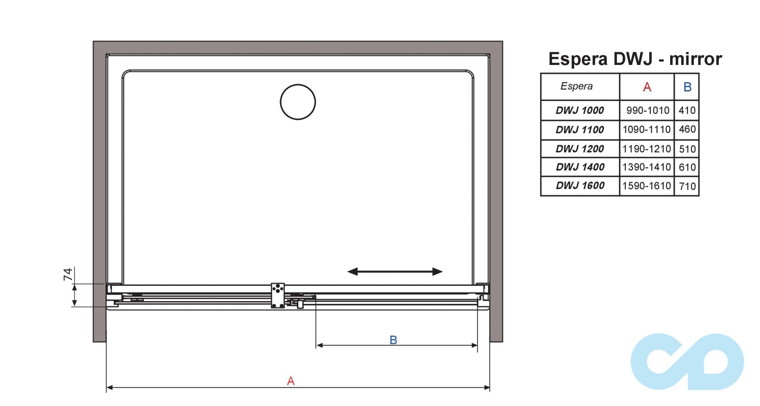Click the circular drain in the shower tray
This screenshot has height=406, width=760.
298,102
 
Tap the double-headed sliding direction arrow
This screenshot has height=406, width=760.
395,272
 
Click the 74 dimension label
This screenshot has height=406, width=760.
68,274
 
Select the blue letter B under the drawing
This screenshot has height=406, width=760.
393,340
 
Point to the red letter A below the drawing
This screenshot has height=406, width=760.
291,381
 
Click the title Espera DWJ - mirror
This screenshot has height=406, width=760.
635,59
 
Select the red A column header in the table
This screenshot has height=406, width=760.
647,87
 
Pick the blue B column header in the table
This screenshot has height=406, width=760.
687,87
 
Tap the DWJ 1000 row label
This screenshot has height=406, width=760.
579,111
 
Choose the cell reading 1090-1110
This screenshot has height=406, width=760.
646,130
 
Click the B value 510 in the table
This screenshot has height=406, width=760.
687,149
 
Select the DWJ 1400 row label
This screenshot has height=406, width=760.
580,167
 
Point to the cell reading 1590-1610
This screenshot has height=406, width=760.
646,186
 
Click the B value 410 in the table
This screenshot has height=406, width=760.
687,111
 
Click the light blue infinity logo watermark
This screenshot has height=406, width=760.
687,361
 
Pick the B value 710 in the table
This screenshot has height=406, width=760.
687,186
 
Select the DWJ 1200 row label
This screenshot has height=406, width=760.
579,149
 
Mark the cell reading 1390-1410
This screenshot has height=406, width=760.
646,167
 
